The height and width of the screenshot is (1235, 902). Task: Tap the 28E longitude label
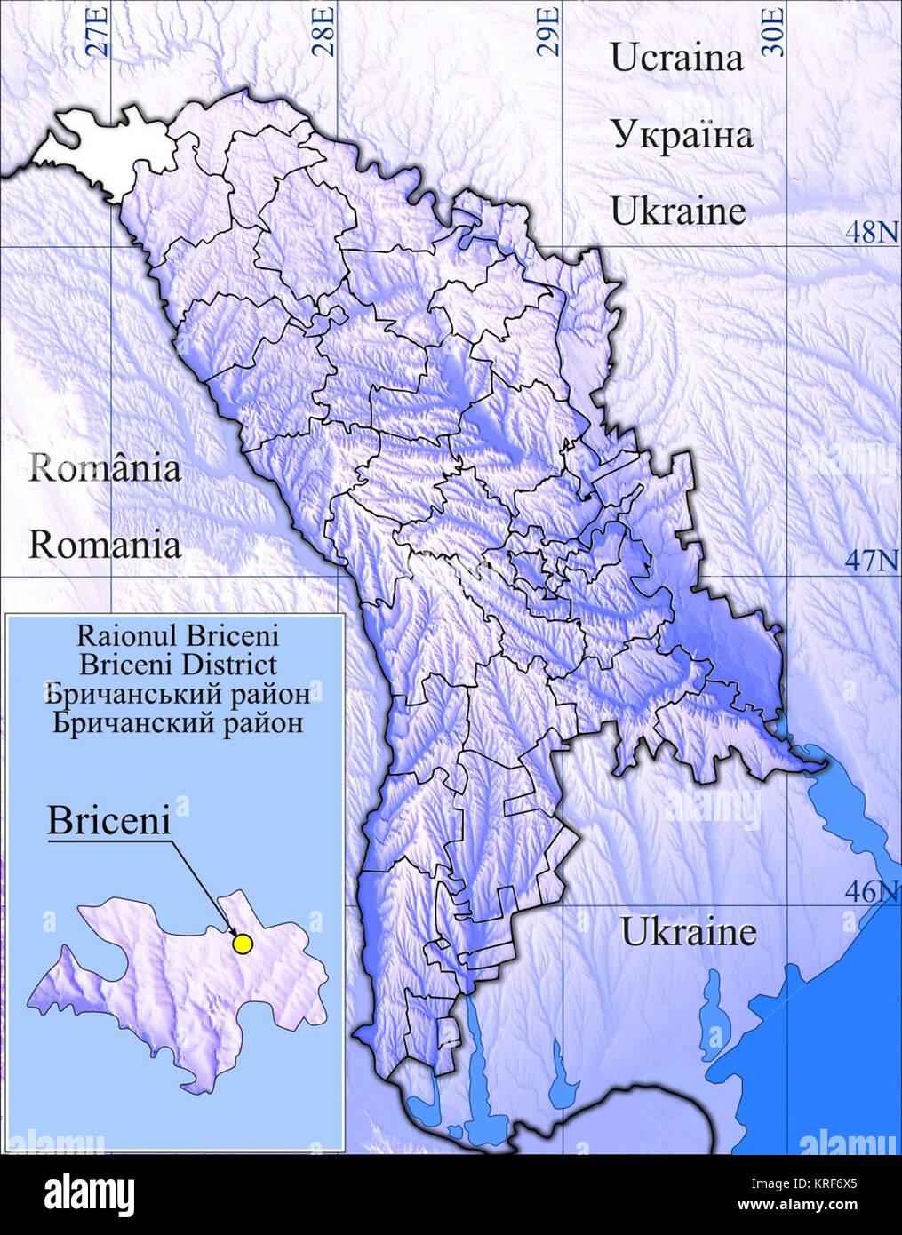click(324, 31)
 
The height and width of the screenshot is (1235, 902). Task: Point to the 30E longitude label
click(775, 31)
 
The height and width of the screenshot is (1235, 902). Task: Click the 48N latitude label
click(871, 232)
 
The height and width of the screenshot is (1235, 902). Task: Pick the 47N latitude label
click(871, 561)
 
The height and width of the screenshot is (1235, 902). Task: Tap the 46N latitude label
click(871, 891)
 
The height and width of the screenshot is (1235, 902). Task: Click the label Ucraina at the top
click(676, 58)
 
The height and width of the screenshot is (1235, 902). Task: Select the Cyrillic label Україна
click(681, 135)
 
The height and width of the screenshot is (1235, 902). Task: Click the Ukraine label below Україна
click(677, 212)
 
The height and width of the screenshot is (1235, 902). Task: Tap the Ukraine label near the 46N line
click(688, 932)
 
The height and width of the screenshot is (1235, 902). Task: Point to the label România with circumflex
click(104, 467)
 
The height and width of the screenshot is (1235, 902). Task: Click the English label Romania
click(104, 545)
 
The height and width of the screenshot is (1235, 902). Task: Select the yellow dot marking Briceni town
click(242, 944)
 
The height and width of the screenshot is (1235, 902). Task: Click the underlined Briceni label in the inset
click(108, 820)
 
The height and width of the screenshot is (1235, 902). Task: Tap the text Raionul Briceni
click(177, 635)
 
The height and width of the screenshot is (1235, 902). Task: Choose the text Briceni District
click(177, 665)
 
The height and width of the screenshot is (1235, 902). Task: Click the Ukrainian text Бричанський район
click(177, 693)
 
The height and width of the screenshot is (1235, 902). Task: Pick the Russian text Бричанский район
click(177, 722)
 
